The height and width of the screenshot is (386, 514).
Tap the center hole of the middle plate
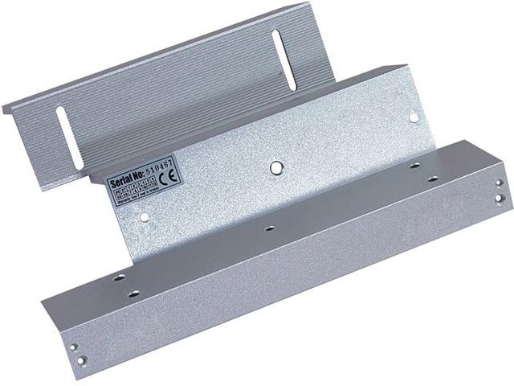tap(275, 168)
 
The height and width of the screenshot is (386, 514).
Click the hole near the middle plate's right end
tap(414, 117)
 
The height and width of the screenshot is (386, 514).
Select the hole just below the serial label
tap(144, 216)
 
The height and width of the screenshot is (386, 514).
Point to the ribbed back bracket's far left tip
tap(3, 108)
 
